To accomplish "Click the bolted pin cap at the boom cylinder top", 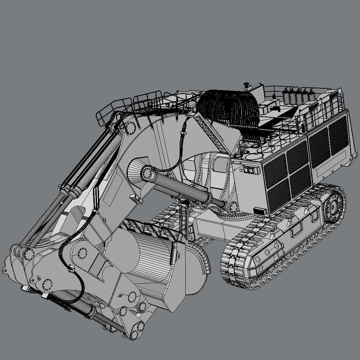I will (147, 173).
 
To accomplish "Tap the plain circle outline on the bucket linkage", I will (132, 296).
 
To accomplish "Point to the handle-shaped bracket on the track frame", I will (296, 231).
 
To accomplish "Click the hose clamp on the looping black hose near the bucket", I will (71, 268).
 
